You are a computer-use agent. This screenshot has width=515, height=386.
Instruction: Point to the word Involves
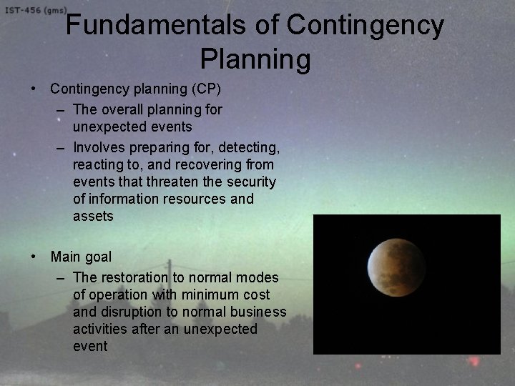click(x=99, y=148)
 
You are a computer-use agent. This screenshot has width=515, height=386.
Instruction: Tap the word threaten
click(x=167, y=182)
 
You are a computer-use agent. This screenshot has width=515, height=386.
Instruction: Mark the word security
click(x=252, y=182)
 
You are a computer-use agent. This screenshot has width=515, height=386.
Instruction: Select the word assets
click(x=93, y=216)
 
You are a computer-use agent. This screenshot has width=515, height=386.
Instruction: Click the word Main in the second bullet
click(x=65, y=256)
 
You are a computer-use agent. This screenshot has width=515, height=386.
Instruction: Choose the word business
click(x=260, y=312)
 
